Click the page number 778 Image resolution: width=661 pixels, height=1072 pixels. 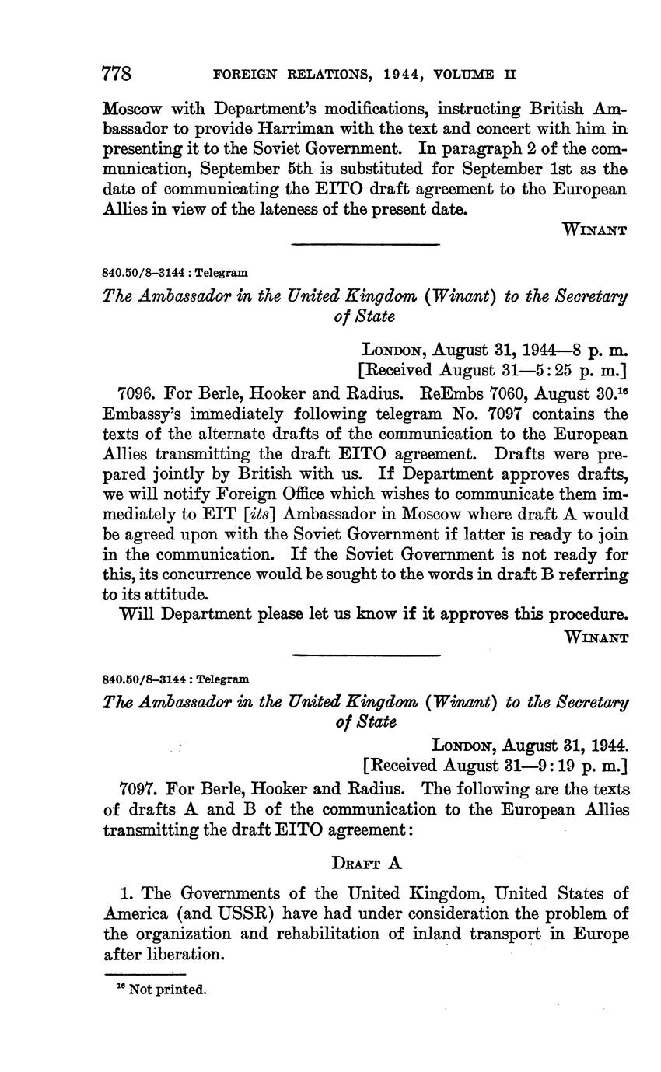(x=117, y=74)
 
